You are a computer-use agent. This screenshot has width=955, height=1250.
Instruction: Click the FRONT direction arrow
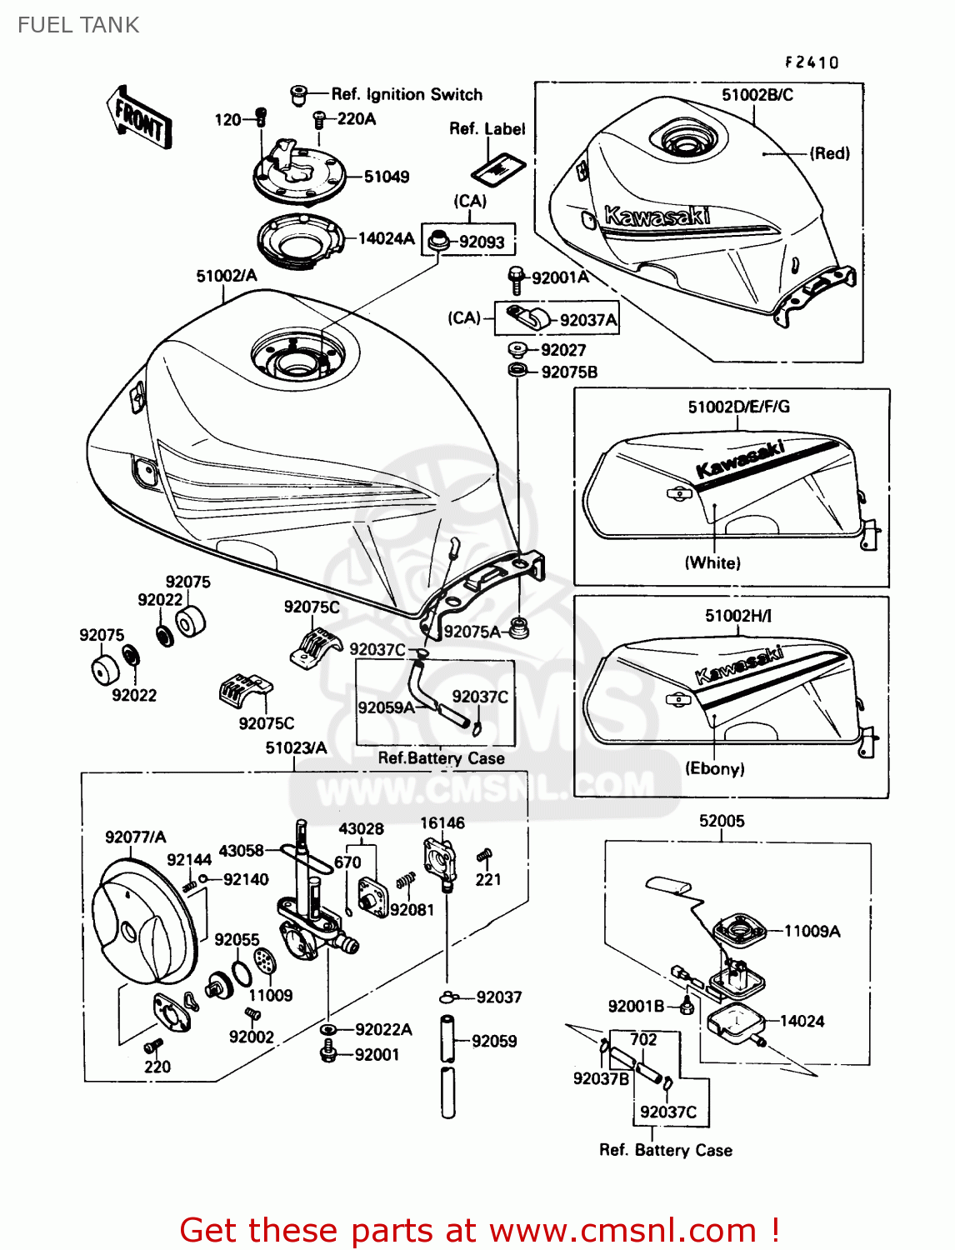(x=139, y=118)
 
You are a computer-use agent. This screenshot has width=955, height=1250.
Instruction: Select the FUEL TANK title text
(x=78, y=25)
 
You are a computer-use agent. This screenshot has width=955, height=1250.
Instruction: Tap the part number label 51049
(x=387, y=177)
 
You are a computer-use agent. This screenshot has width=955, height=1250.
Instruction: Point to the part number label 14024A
(x=386, y=239)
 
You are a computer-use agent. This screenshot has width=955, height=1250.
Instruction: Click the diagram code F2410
(x=811, y=62)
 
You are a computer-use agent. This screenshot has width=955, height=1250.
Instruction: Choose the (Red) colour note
(x=830, y=153)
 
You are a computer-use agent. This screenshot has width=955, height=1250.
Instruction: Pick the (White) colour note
(x=712, y=562)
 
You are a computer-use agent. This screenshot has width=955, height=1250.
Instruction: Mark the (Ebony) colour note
(x=714, y=768)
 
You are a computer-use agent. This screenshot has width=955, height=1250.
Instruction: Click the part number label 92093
(x=482, y=242)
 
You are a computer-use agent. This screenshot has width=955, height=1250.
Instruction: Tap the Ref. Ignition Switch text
(x=407, y=94)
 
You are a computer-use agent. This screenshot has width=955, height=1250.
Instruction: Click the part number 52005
(x=722, y=821)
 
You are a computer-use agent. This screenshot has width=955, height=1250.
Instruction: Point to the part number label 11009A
(x=812, y=932)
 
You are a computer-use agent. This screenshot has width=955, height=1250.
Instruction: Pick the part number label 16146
(x=442, y=823)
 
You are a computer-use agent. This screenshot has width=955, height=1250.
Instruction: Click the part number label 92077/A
(x=135, y=837)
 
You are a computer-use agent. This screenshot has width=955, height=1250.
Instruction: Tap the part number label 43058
(x=241, y=851)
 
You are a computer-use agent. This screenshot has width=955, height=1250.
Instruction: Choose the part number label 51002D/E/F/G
(x=738, y=407)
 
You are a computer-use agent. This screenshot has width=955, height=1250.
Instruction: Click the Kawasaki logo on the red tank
(x=657, y=217)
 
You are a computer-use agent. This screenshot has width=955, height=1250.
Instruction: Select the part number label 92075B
(x=569, y=372)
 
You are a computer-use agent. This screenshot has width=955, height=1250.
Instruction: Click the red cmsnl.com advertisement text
(x=479, y=1230)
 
